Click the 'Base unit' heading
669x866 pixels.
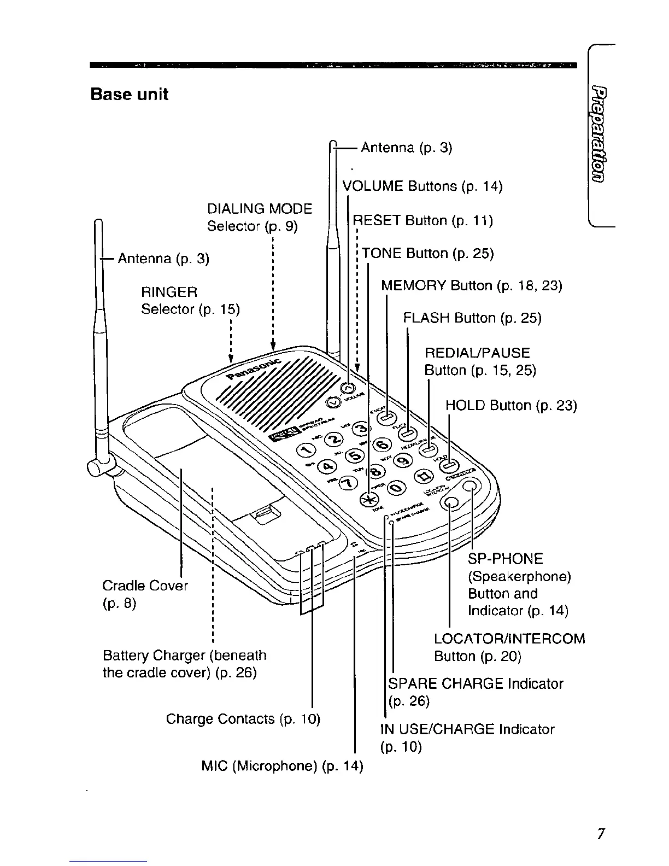pyautogui.click(x=129, y=94)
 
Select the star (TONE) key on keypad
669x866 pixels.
pyautogui.click(x=368, y=500)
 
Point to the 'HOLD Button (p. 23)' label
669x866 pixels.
pyautogui.click(x=511, y=406)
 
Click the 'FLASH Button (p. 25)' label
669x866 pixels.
pyautogui.click(x=472, y=318)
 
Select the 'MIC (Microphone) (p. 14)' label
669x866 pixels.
pyautogui.click(x=282, y=765)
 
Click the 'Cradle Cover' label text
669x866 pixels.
pyautogui.click(x=145, y=586)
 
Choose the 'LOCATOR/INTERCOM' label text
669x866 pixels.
pyautogui.click(x=509, y=639)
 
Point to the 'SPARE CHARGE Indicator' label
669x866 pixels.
pyautogui.click(x=475, y=683)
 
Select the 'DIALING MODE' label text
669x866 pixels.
pyautogui.click(x=260, y=209)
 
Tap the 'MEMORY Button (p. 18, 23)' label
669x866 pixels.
pyautogui.click(x=471, y=286)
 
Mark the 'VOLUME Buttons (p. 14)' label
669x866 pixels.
pyautogui.click(x=422, y=186)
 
